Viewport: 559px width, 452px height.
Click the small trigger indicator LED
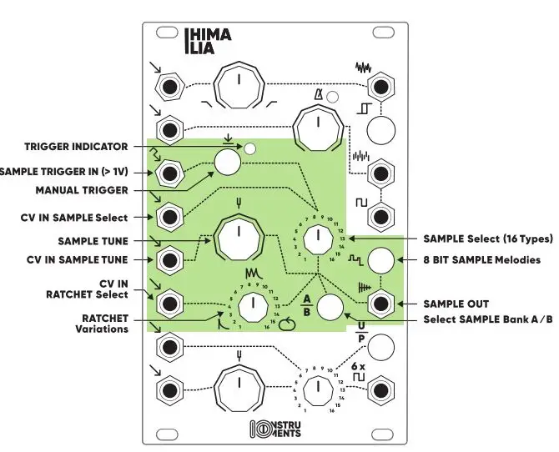pyautogui.click(x=249, y=150)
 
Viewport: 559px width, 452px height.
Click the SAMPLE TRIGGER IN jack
pyautogui.click(x=171, y=173)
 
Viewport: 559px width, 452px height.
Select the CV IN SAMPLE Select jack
pyautogui.click(x=171, y=217)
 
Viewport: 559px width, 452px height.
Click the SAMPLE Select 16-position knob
pyautogui.click(x=316, y=239)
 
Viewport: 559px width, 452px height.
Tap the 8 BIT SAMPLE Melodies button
pyautogui.click(x=381, y=260)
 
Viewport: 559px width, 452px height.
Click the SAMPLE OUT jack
pyautogui.click(x=382, y=303)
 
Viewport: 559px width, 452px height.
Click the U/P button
pyautogui.click(x=381, y=345)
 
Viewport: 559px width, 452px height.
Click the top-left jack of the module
pyautogui.click(x=171, y=87)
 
